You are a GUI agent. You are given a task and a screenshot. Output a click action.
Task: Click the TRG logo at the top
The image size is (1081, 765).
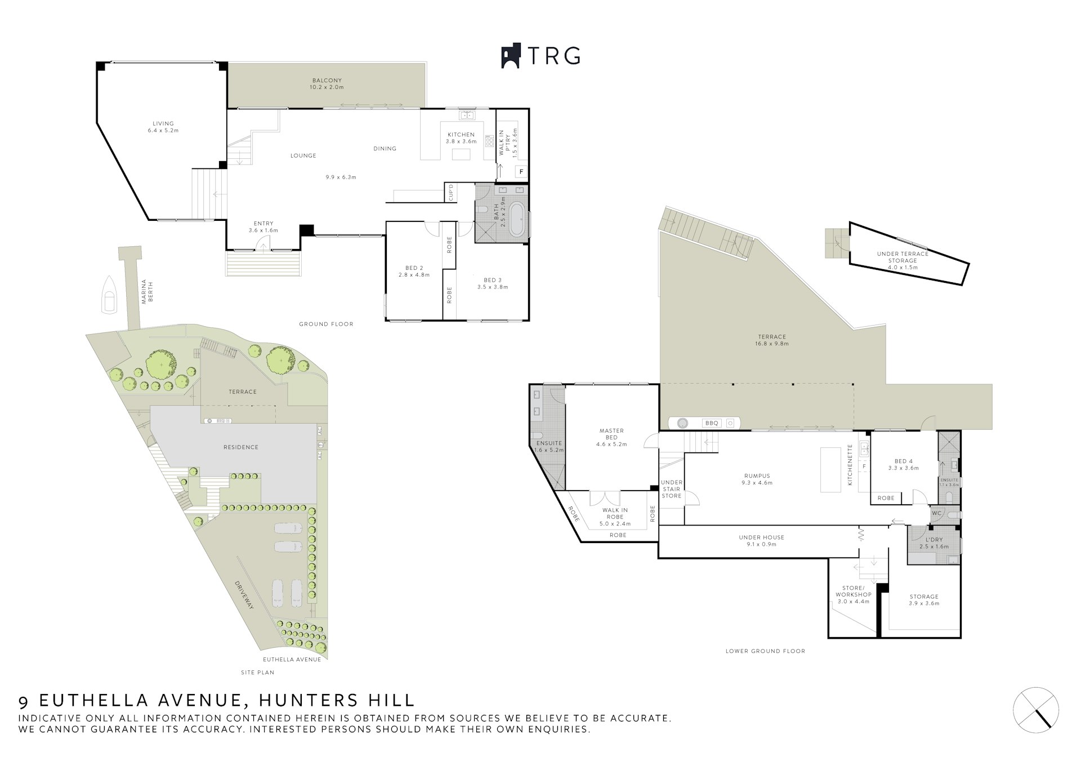(x=540, y=56)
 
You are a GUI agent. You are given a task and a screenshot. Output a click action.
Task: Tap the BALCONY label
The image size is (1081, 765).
(x=326, y=81)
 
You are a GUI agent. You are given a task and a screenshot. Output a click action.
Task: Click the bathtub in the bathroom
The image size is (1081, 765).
(x=517, y=220)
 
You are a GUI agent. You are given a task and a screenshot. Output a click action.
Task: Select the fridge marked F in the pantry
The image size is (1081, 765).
(x=521, y=171)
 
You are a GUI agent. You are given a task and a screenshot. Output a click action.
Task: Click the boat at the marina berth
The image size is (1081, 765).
(x=109, y=294)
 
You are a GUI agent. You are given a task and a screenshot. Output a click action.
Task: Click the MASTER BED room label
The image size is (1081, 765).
(x=611, y=434)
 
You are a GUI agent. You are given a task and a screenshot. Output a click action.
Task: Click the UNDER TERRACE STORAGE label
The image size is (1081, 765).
(x=903, y=257)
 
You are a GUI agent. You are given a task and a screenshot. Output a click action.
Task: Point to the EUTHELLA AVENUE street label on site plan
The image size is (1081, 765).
(x=292, y=660)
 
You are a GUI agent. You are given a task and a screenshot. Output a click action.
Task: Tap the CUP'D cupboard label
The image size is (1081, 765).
(x=450, y=192)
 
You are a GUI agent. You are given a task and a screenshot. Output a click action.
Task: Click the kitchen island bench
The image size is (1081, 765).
(x=462, y=154)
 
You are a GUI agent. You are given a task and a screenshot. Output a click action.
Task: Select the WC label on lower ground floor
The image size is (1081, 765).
(x=936, y=513)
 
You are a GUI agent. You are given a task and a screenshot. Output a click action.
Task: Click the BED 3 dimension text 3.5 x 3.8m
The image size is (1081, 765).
(x=493, y=287)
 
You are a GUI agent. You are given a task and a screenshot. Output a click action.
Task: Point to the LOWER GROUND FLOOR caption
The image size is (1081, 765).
(x=765, y=651)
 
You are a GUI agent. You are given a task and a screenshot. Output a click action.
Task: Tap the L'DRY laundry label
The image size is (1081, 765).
(x=933, y=540)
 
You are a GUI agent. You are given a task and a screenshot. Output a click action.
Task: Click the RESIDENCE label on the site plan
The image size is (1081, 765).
(x=240, y=447)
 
